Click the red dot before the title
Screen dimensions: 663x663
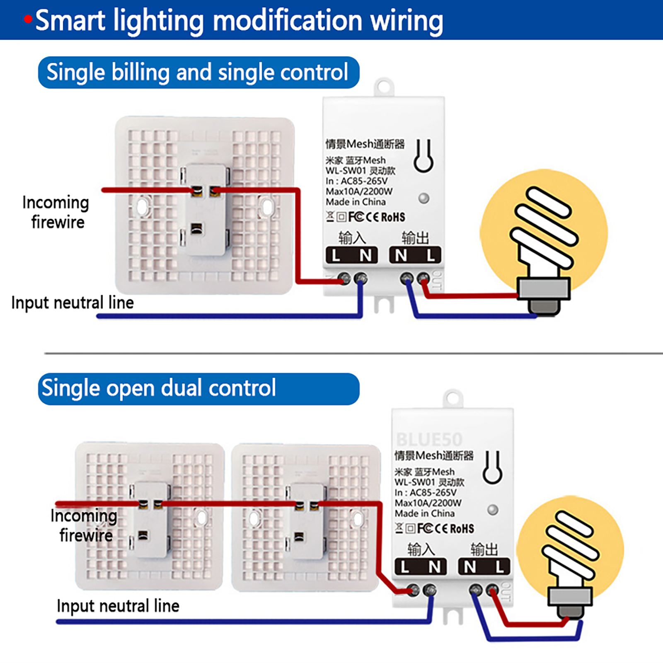coord(28,19)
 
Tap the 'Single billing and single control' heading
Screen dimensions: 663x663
coord(198,73)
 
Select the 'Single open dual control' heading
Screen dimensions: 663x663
coord(159,389)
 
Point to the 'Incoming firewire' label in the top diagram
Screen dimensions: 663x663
coord(56,212)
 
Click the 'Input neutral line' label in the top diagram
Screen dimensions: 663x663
coord(73,302)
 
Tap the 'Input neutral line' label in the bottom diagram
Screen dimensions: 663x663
coord(118,606)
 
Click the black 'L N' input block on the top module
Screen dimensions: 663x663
coord(351,255)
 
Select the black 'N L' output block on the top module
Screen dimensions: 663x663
coord(415,255)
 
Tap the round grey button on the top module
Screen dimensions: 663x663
coord(423,198)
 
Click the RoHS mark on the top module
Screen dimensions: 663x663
coord(393,217)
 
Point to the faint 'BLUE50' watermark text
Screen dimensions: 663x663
coord(429,439)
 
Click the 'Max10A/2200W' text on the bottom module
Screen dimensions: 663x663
coord(428,503)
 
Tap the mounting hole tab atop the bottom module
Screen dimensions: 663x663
coord(452,398)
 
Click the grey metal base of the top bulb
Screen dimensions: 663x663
coord(544,289)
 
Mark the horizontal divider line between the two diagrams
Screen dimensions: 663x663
coord(352,353)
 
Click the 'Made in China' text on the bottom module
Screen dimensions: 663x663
coord(424,513)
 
